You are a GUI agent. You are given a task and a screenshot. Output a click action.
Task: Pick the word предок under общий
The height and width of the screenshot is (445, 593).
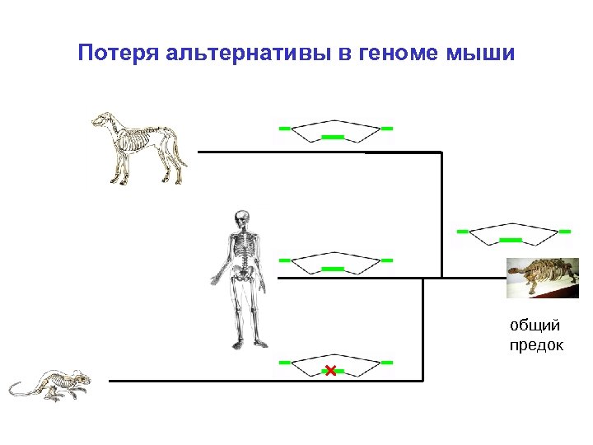pyautogui.click(x=537, y=344)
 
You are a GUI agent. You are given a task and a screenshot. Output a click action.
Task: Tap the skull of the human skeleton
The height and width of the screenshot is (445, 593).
pyautogui.click(x=241, y=219)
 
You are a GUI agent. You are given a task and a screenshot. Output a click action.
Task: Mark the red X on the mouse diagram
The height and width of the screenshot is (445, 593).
pyautogui.click(x=331, y=370)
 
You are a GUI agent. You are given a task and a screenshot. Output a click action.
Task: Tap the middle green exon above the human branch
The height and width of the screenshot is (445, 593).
pyautogui.click(x=332, y=269)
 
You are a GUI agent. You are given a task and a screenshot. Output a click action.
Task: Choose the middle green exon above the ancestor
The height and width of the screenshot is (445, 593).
pyautogui.click(x=511, y=240)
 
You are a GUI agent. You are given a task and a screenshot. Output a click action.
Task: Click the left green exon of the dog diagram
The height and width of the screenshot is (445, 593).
pyautogui.click(x=284, y=129)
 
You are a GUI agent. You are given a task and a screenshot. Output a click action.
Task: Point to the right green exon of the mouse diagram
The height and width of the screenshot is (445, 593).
pyautogui.click(x=387, y=363)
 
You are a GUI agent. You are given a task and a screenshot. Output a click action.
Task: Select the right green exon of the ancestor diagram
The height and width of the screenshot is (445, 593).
pyautogui.click(x=565, y=232)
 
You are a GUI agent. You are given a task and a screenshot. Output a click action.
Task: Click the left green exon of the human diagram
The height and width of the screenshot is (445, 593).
pyautogui.click(x=284, y=260)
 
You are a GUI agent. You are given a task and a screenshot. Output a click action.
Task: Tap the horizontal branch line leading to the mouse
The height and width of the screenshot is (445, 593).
pyautogui.click(x=264, y=381)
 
